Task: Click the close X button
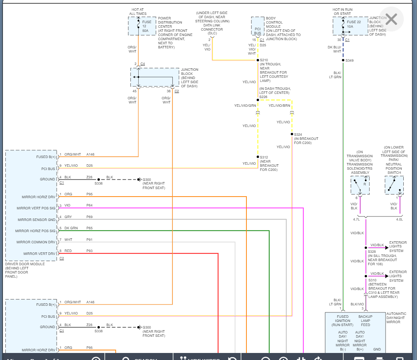pos(391,19)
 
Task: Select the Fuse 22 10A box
pos(350,26)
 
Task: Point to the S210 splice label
pos(264,60)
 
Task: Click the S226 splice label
pos(263,96)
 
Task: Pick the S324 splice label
pos(298,134)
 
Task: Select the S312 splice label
pos(264,157)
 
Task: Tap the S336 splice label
pos(99,183)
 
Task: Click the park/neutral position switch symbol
pos(394,185)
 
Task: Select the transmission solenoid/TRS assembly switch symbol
pos(360,185)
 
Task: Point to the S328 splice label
pos(371,252)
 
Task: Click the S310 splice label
pos(372,280)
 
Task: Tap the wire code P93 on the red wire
pos(90,251)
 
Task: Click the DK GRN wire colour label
pos(71,228)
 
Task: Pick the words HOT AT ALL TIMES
pos(137,12)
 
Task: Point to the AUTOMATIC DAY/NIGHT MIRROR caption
pos(396,318)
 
